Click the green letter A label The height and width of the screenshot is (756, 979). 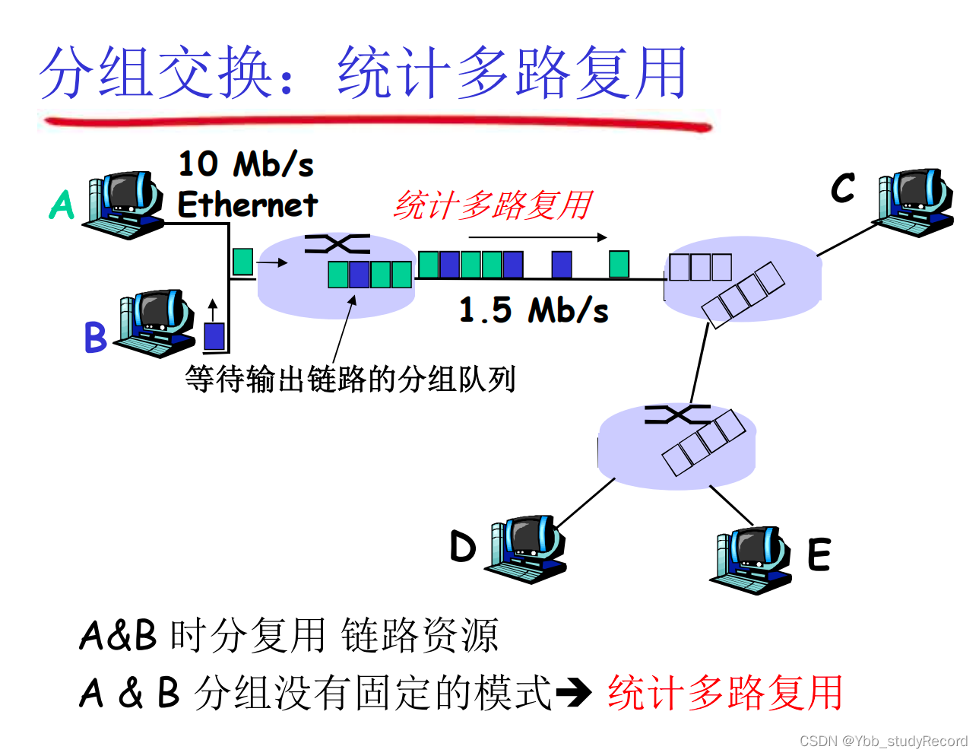click(62, 205)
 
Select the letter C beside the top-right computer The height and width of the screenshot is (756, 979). click(843, 188)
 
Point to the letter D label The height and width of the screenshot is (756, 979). click(462, 546)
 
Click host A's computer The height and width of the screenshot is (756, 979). click(125, 204)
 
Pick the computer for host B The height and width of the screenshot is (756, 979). click(156, 322)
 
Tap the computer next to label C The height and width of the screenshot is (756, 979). click(914, 202)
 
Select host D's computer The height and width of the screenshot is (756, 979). click(527, 548)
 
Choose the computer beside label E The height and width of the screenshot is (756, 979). click(751, 559)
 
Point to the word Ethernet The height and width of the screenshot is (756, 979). click(247, 205)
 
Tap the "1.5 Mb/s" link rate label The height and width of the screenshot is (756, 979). click(534, 310)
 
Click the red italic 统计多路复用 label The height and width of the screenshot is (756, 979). click(493, 205)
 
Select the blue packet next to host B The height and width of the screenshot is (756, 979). click(214, 335)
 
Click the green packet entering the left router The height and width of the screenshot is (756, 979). click(242, 262)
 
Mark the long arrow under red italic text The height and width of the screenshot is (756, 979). click(537, 237)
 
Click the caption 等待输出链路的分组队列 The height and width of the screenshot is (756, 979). click(350, 379)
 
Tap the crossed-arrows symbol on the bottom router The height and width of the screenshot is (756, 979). click(676, 415)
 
